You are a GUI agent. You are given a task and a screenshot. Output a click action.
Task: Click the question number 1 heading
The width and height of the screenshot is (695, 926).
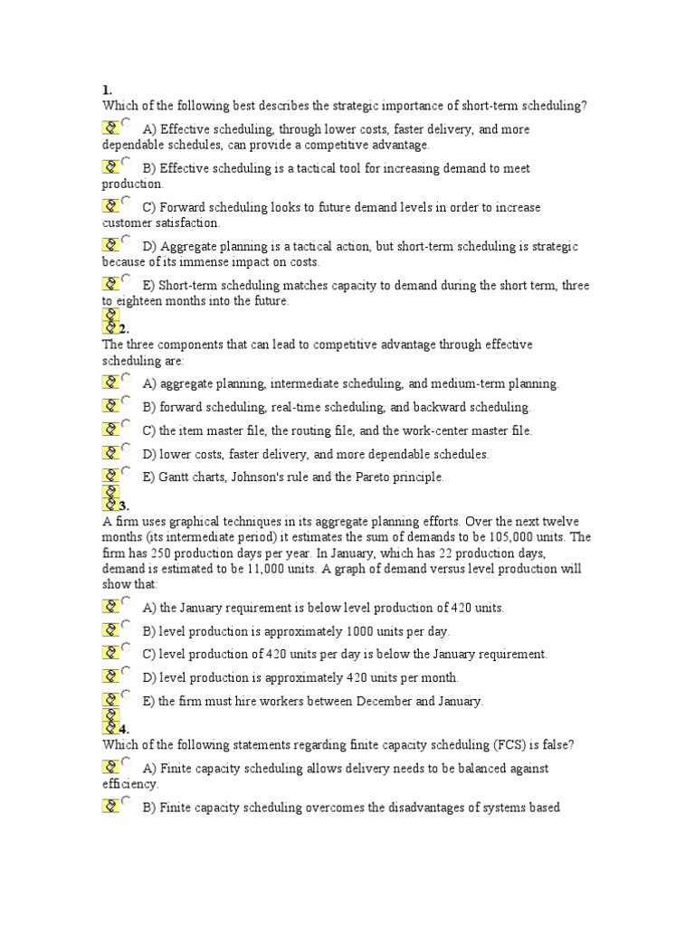tap(106, 90)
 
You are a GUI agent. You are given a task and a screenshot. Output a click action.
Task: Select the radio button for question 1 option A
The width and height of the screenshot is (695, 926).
tap(126, 123)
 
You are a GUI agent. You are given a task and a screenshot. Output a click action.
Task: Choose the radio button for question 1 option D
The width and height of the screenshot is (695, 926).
tap(126, 240)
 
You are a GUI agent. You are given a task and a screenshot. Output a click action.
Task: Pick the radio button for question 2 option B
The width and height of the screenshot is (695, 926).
tap(126, 402)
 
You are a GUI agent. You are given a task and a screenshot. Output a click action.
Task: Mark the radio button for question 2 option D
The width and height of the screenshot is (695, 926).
tap(126, 449)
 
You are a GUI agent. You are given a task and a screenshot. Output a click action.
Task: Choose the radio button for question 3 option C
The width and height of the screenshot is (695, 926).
tap(126, 647)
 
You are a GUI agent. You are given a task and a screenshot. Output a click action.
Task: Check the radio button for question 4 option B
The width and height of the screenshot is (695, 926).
tap(126, 800)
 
